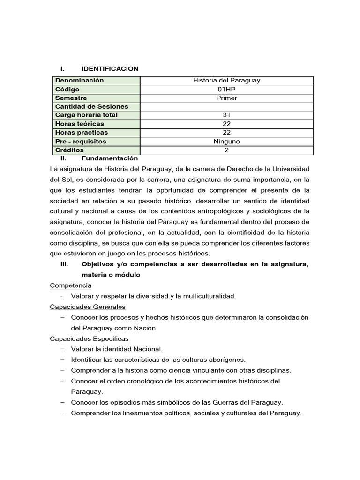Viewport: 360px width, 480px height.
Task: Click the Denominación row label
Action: pyautogui.click(x=79, y=81)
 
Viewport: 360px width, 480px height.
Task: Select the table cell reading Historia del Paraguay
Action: pyautogui.click(x=226, y=81)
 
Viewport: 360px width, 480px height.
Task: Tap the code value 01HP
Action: pyautogui.click(x=226, y=89)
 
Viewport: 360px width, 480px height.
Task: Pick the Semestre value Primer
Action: pyautogui.click(x=226, y=98)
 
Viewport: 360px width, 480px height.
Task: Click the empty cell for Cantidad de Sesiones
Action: pyautogui.click(x=226, y=106)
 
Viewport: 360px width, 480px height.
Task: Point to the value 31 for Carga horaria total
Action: pyautogui.click(x=226, y=115)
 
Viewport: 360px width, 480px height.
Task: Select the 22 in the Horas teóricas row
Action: pyautogui.click(x=226, y=124)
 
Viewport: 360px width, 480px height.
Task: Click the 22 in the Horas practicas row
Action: pyautogui.click(x=226, y=133)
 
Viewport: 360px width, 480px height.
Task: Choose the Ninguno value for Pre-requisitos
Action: pyautogui.click(x=226, y=142)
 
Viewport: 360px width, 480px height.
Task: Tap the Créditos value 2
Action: pyautogui.click(x=226, y=150)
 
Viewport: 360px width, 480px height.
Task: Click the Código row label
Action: pyautogui.click(x=67, y=89)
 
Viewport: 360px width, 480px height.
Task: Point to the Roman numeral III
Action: pyautogui.click(x=65, y=264)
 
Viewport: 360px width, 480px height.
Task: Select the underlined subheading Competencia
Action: pyautogui.click(x=71, y=285)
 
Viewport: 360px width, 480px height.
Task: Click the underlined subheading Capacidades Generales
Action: pyautogui.click(x=88, y=307)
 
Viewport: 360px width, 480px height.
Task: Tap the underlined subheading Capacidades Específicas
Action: pyautogui.click(x=89, y=338)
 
